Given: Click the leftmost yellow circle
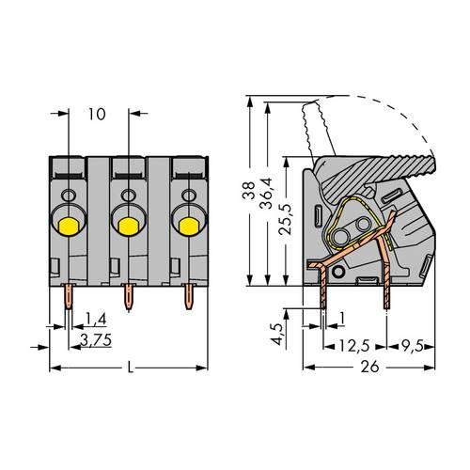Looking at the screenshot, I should pyautogui.click(x=69, y=225).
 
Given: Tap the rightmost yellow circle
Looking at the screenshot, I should pyautogui.click(x=188, y=225).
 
